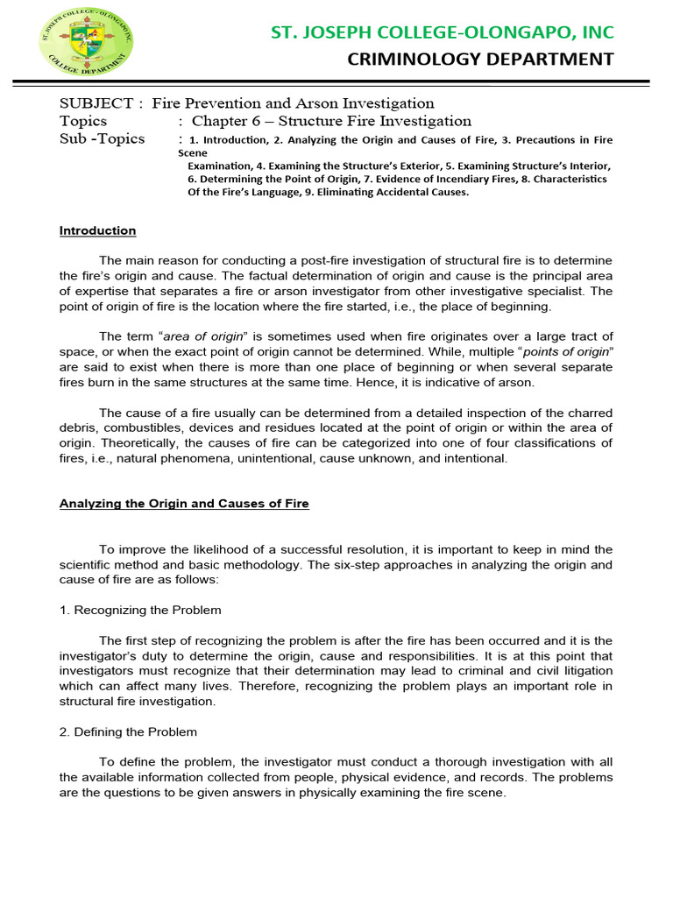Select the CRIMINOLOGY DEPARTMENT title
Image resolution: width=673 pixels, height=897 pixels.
(481, 60)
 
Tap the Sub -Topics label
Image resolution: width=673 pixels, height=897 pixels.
(102, 139)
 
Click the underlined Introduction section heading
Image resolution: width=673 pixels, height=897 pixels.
(97, 231)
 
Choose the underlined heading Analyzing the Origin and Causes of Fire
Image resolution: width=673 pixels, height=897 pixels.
(184, 504)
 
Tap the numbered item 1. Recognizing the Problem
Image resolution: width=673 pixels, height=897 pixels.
(140, 610)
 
